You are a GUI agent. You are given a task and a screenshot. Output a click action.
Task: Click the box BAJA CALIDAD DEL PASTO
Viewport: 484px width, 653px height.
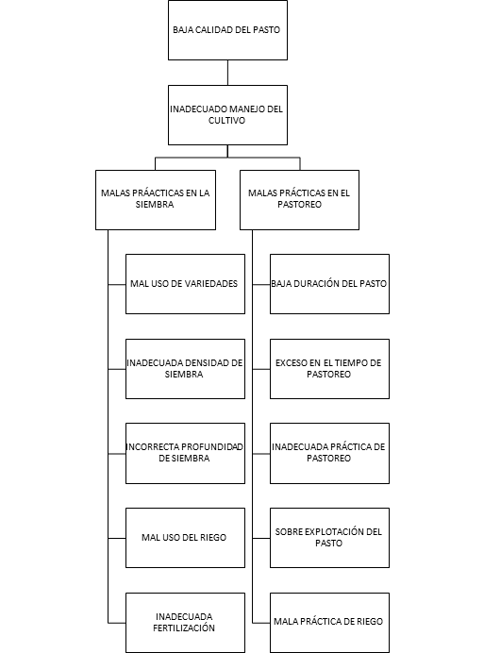(x=227, y=30)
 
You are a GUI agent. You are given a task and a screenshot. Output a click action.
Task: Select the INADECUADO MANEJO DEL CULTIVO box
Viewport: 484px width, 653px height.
(x=227, y=115)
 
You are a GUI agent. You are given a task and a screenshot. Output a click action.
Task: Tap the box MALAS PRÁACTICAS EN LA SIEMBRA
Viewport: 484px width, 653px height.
(x=156, y=200)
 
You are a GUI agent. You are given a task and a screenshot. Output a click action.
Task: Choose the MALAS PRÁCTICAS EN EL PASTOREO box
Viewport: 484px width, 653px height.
(x=299, y=200)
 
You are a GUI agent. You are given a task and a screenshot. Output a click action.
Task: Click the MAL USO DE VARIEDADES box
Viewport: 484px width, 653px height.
(x=185, y=284)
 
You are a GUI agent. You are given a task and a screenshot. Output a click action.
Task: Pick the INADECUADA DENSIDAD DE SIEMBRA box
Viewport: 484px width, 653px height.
(x=185, y=369)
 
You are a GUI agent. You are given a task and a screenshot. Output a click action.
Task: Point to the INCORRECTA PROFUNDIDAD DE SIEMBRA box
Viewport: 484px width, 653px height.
(x=185, y=454)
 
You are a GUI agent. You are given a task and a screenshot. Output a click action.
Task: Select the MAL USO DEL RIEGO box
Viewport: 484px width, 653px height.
(x=185, y=538)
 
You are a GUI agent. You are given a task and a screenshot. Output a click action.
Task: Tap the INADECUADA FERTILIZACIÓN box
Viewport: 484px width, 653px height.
(x=185, y=623)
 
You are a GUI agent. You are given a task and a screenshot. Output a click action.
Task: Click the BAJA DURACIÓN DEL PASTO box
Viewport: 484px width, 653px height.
(x=329, y=284)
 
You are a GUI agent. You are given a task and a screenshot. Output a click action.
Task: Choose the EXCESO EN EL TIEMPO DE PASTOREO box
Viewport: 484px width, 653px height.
(x=329, y=369)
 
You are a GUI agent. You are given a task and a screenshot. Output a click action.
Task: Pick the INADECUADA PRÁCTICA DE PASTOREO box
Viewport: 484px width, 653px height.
(x=329, y=454)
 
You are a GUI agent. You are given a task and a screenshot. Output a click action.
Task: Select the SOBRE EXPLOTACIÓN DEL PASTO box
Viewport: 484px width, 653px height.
(x=329, y=538)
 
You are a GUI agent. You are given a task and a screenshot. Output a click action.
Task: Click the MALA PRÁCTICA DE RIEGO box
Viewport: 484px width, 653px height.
(x=329, y=623)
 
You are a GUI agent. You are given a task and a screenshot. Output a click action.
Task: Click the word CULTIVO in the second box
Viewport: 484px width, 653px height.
(x=226, y=121)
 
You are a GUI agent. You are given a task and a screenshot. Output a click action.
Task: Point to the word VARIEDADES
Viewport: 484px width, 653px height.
(x=209, y=284)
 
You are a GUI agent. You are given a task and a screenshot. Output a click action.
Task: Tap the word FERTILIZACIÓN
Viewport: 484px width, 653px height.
(x=184, y=628)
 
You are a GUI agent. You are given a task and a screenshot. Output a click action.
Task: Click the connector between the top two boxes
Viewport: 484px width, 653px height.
(x=227, y=73)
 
